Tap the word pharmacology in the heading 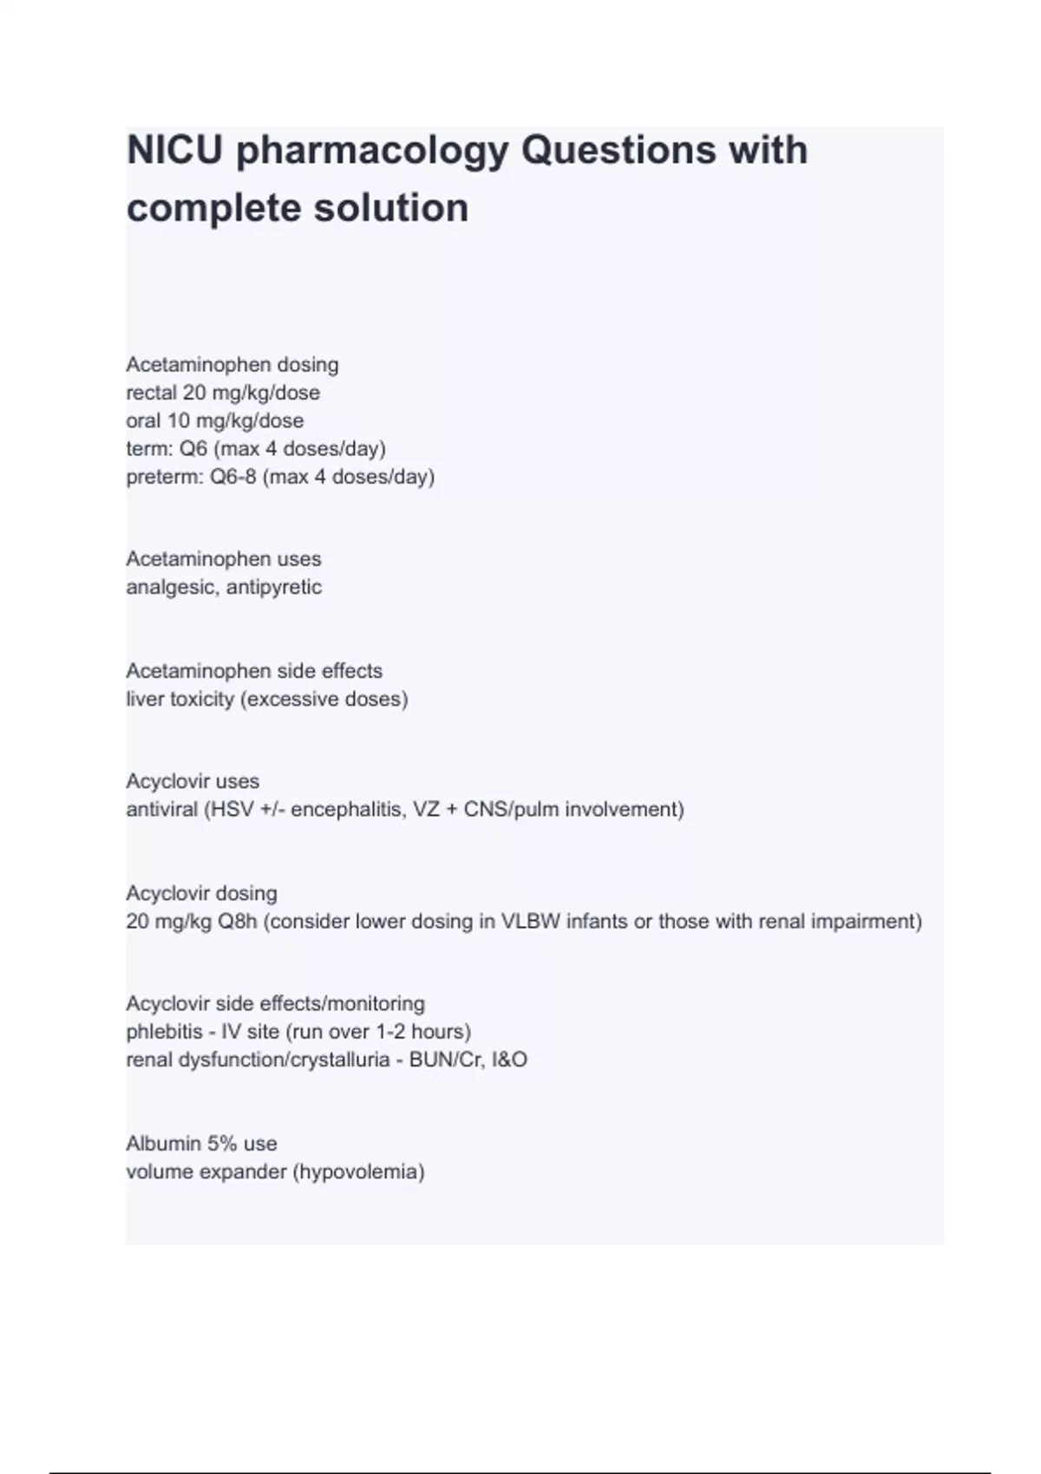pyautogui.click(x=372, y=152)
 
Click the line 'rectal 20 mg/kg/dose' pyautogui.click(x=223, y=393)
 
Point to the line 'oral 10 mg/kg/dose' pyautogui.click(x=215, y=421)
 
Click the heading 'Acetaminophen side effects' pyautogui.click(x=254, y=671)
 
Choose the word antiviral pyautogui.click(x=162, y=810)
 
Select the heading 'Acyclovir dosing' pyautogui.click(x=201, y=893)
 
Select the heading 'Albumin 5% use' pyautogui.click(x=201, y=1144)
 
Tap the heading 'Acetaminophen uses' pyautogui.click(x=224, y=559)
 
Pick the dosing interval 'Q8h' pyautogui.click(x=238, y=921)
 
